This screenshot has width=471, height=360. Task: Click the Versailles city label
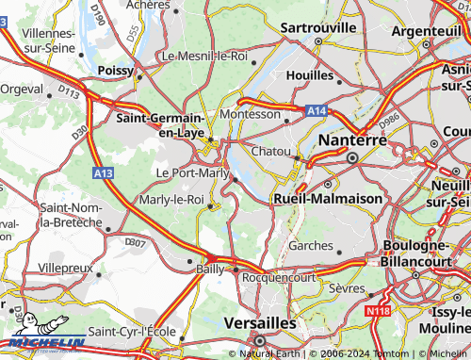(261, 322)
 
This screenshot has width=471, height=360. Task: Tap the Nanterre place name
(354, 139)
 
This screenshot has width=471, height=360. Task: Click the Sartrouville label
(318, 27)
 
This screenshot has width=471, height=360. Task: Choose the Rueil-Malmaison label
(327, 200)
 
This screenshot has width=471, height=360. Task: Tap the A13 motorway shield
(104, 173)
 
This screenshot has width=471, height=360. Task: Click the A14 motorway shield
(317, 111)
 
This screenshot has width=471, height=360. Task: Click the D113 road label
(69, 91)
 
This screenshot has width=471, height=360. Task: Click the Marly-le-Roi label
(171, 200)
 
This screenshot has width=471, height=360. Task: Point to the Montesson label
(250, 114)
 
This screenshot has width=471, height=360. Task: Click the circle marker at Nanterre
(352, 157)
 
